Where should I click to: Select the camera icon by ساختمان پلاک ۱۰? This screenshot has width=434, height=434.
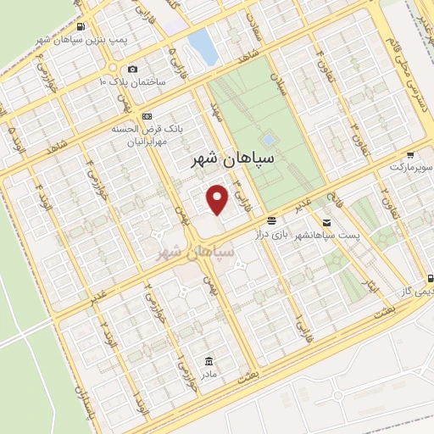131,70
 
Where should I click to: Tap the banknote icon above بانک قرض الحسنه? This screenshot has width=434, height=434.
147,115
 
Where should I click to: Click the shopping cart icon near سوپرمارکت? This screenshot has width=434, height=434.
410,155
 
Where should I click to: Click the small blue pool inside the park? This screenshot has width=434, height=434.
268,138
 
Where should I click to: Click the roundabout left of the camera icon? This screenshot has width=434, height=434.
111,68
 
